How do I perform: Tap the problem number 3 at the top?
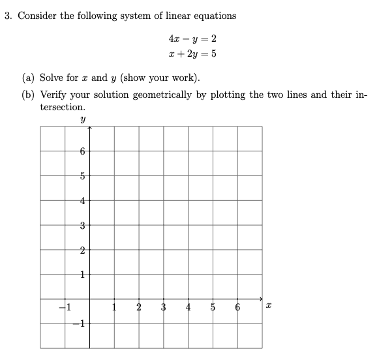[x=8, y=16]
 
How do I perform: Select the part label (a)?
[x=29, y=78]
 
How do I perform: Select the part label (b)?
[x=29, y=95]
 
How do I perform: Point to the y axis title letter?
[x=82, y=119]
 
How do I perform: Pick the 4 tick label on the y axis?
[x=82, y=200]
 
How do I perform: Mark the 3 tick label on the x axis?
[x=164, y=308]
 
